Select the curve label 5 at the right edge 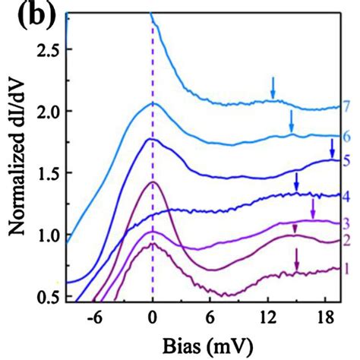coord(346,160)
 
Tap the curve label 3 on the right coord(346,222)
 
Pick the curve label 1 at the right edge coord(346,269)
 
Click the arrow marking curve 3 coord(312,207)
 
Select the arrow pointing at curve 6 coord(291,120)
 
